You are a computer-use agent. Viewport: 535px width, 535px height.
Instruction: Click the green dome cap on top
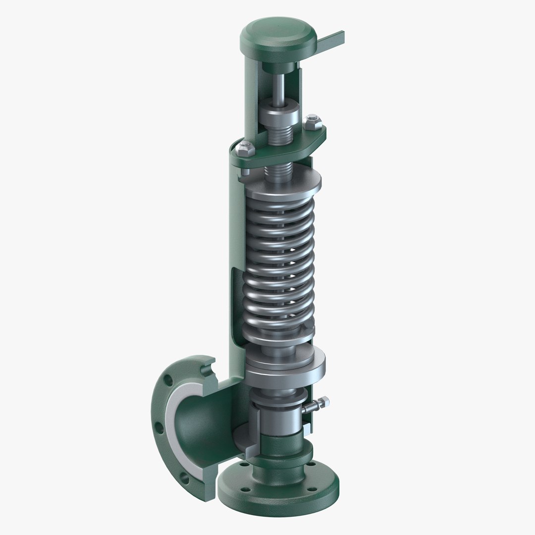278,36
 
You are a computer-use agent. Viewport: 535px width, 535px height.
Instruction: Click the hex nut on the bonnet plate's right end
312,121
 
